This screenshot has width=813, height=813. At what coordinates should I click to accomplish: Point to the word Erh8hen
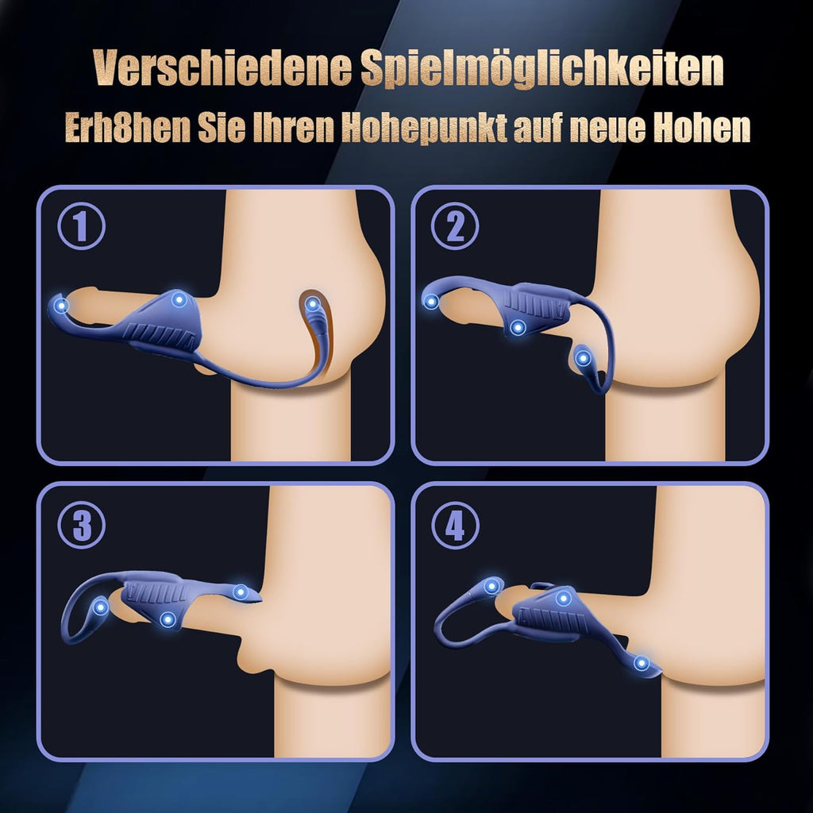coord(128,128)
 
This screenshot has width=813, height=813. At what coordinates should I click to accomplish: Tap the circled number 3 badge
coord(81,523)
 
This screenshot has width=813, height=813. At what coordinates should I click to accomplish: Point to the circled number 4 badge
coord(455,523)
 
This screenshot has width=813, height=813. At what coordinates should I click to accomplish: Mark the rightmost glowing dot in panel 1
coord(313,303)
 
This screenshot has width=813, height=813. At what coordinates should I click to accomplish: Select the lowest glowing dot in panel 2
coord(584,357)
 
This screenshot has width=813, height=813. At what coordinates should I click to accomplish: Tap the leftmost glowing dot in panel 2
coord(431,301)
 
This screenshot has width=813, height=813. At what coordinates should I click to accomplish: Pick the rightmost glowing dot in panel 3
coord(241,591)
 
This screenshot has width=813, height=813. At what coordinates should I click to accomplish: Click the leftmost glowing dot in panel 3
coord(101,607)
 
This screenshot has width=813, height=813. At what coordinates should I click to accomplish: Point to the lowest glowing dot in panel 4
coord(642,663)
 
